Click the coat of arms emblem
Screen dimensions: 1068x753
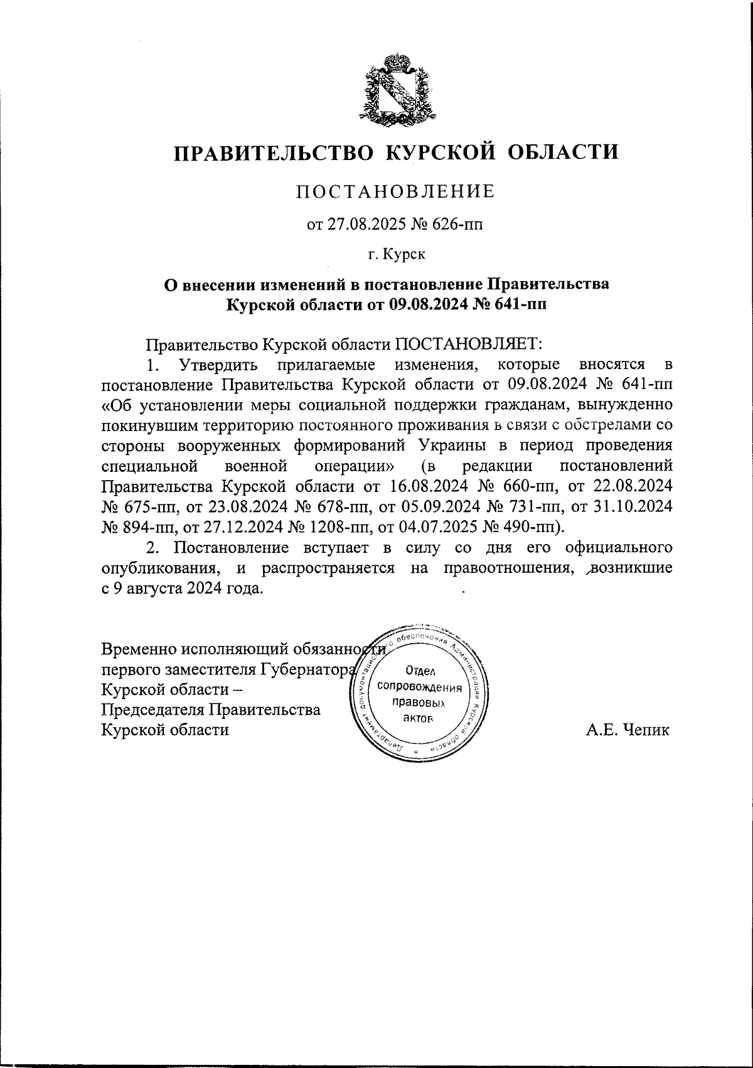(x=395, y=88)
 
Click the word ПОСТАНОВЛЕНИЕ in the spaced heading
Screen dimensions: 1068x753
(x=395, y=191)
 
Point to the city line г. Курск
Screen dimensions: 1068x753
(x=395, y=255)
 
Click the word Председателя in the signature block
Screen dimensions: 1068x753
(x=154, y=710)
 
